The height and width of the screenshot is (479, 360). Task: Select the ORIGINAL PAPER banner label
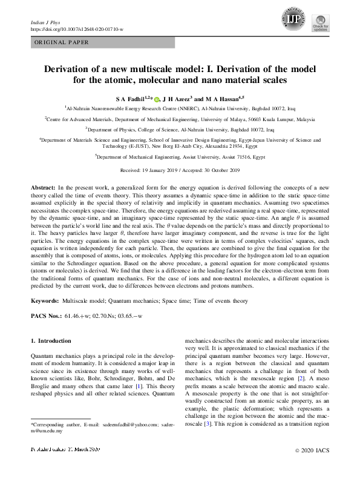pos(60,42)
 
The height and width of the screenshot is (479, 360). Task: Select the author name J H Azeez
pos(178,98)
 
